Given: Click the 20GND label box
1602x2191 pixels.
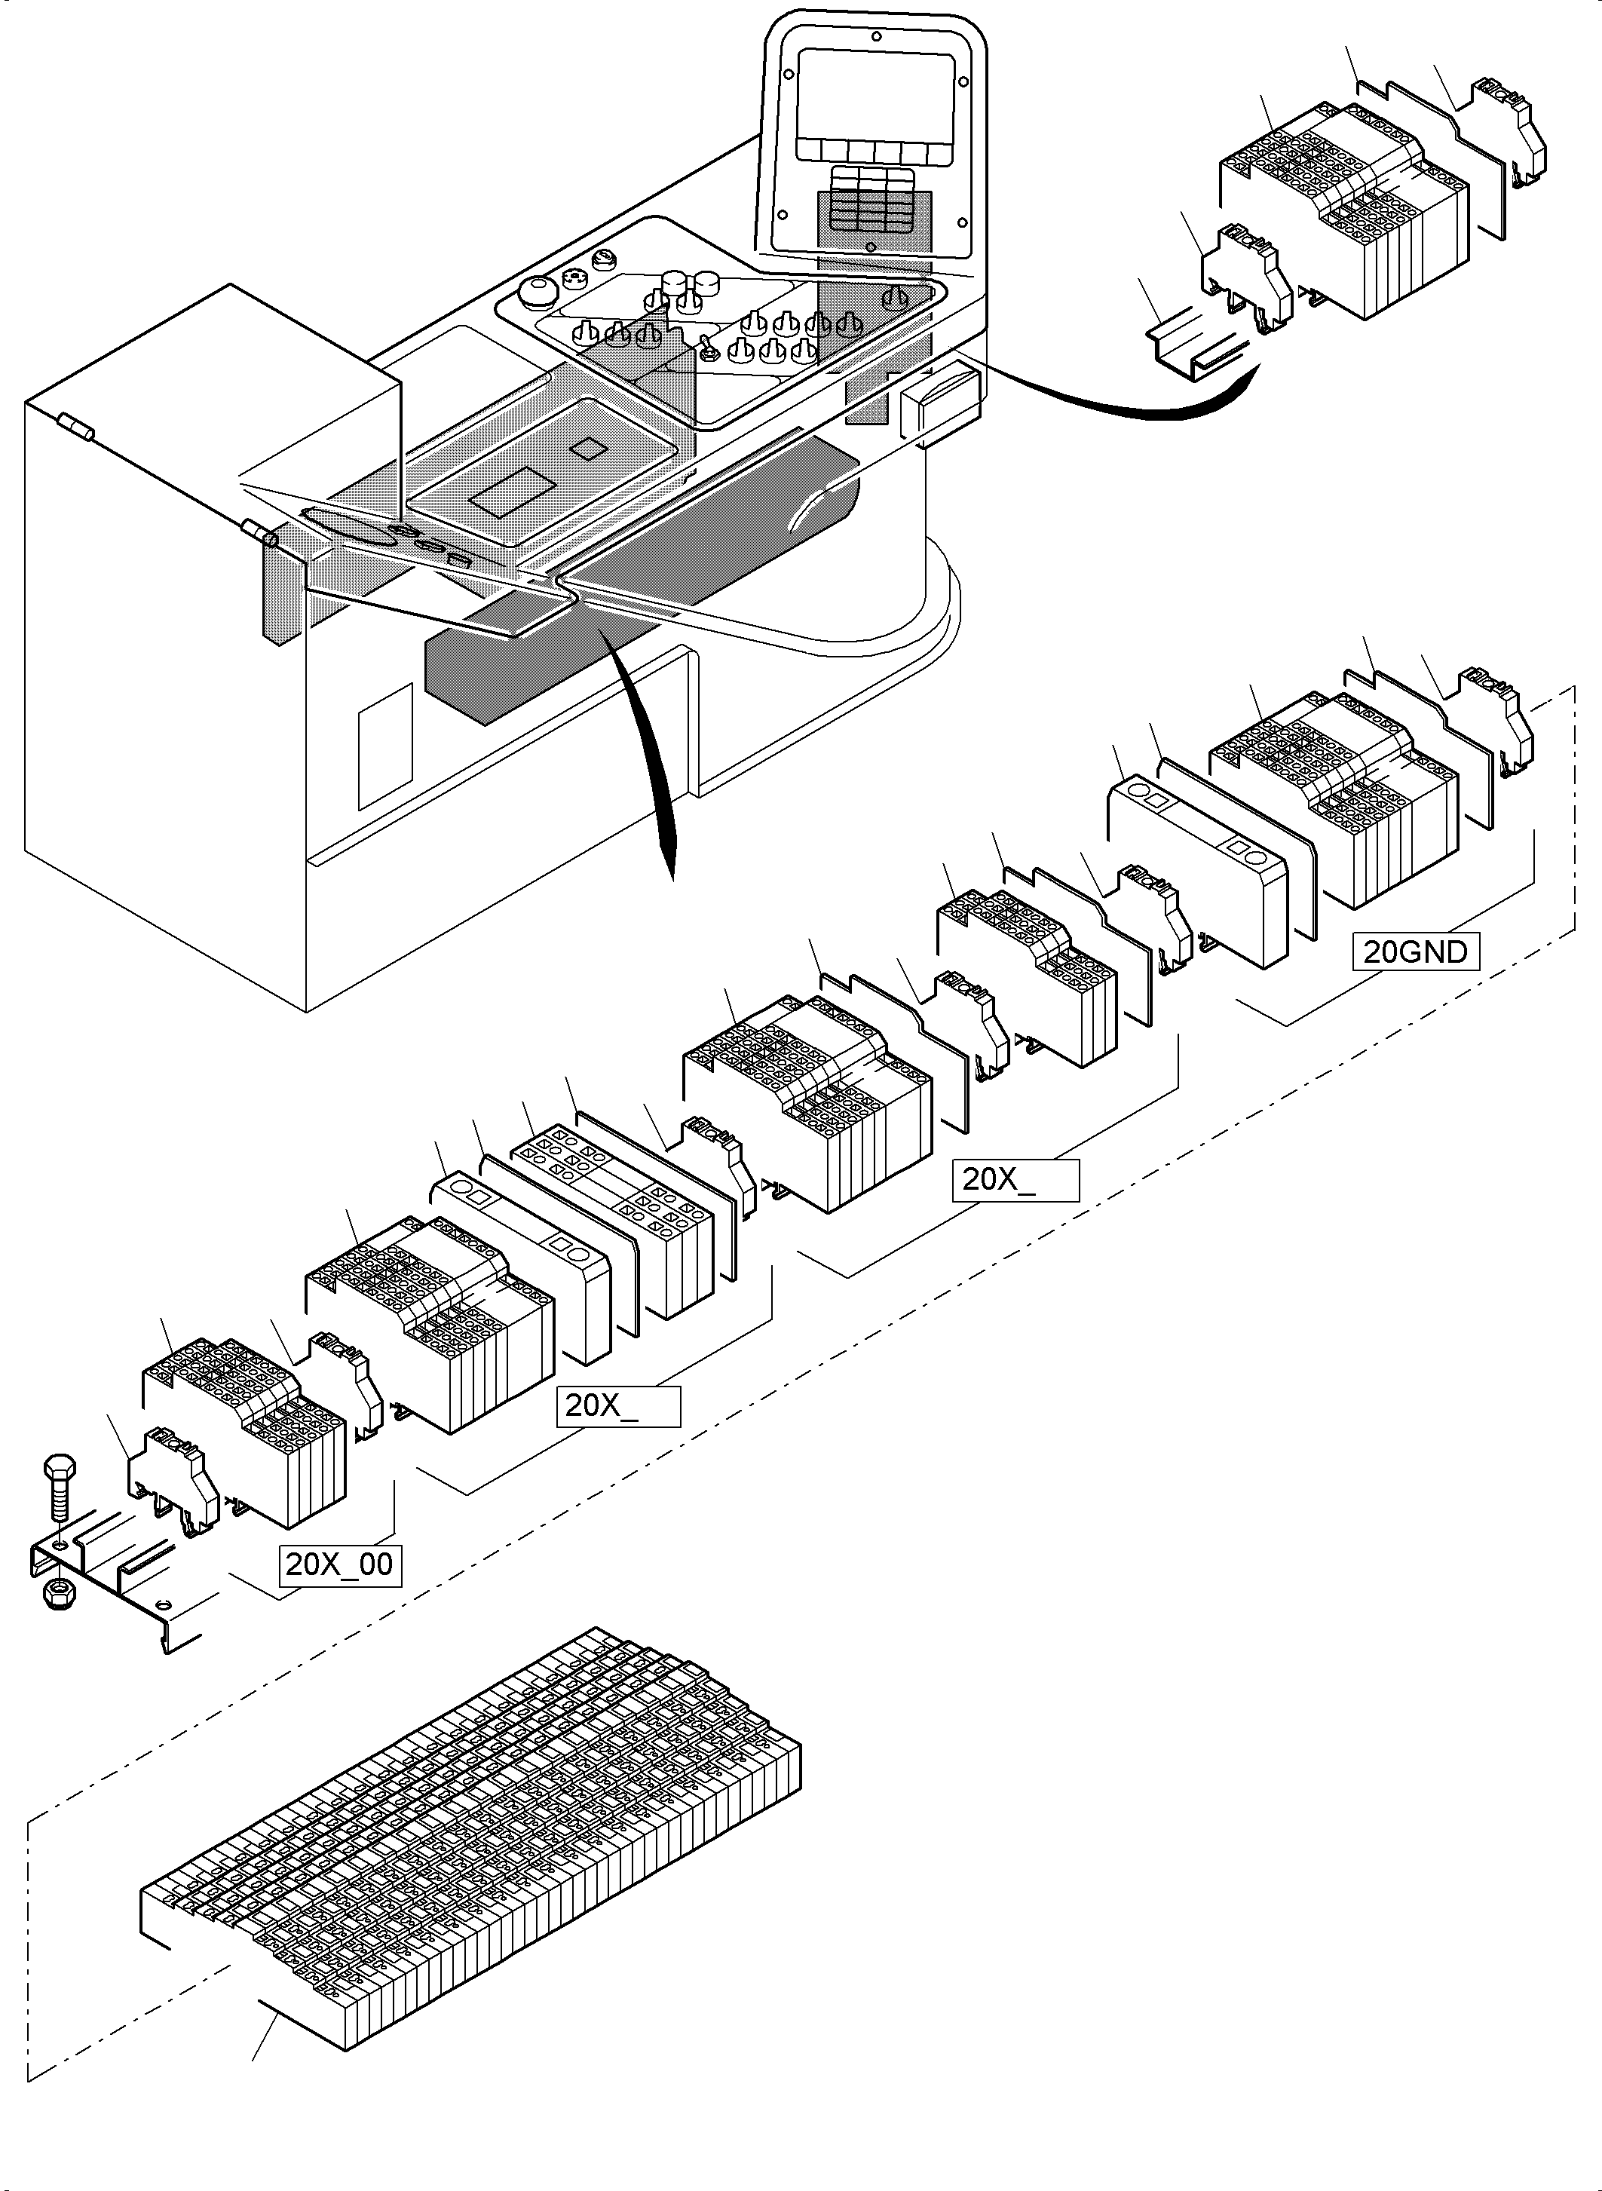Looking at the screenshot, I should point(1416,951).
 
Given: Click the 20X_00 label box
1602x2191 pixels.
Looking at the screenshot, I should point(340,1564).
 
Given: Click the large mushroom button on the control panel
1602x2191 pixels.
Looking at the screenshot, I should point(535,292).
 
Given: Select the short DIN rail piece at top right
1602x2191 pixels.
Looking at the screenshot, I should point(1193,345).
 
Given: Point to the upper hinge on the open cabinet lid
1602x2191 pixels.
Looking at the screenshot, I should point(75,427).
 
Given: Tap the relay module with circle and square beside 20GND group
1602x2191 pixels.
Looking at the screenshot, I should point(1198,868).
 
